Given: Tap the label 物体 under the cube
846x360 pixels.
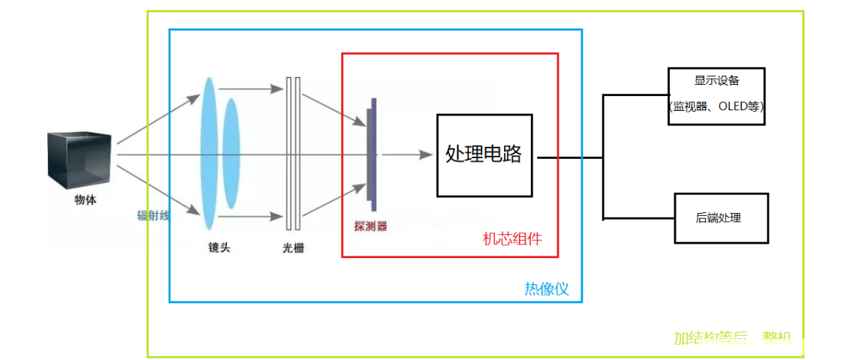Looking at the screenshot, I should pos(85,201).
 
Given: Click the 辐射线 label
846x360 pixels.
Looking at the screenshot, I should pos(153,215).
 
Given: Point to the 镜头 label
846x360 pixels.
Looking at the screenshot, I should pos(219,247).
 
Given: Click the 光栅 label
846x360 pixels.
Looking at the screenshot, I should pos(293,248).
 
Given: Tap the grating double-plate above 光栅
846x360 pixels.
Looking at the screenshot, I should pos(293,154).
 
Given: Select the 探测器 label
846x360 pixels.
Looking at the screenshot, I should pos(370,226).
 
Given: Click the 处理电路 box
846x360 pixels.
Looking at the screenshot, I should pos(484,155).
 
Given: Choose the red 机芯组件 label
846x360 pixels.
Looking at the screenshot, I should pos(511,240).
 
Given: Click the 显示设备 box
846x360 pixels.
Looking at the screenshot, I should pos(717,95).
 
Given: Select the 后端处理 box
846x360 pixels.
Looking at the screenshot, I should pos(721,217).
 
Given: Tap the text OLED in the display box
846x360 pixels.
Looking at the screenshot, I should pos(732,106).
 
